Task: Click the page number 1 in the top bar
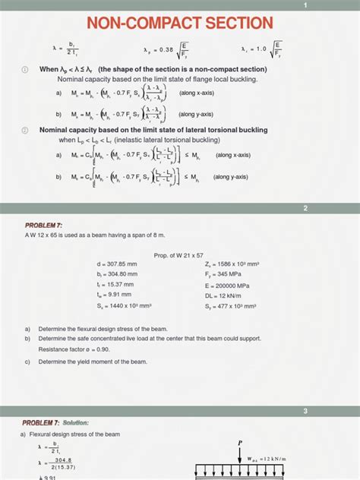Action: [x=305, y=5]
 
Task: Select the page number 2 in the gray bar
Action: [x=305, y=208]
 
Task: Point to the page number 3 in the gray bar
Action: [x=305, y=411]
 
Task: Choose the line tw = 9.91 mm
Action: [x=110, y=295]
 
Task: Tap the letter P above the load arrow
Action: [x=240, y=442]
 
